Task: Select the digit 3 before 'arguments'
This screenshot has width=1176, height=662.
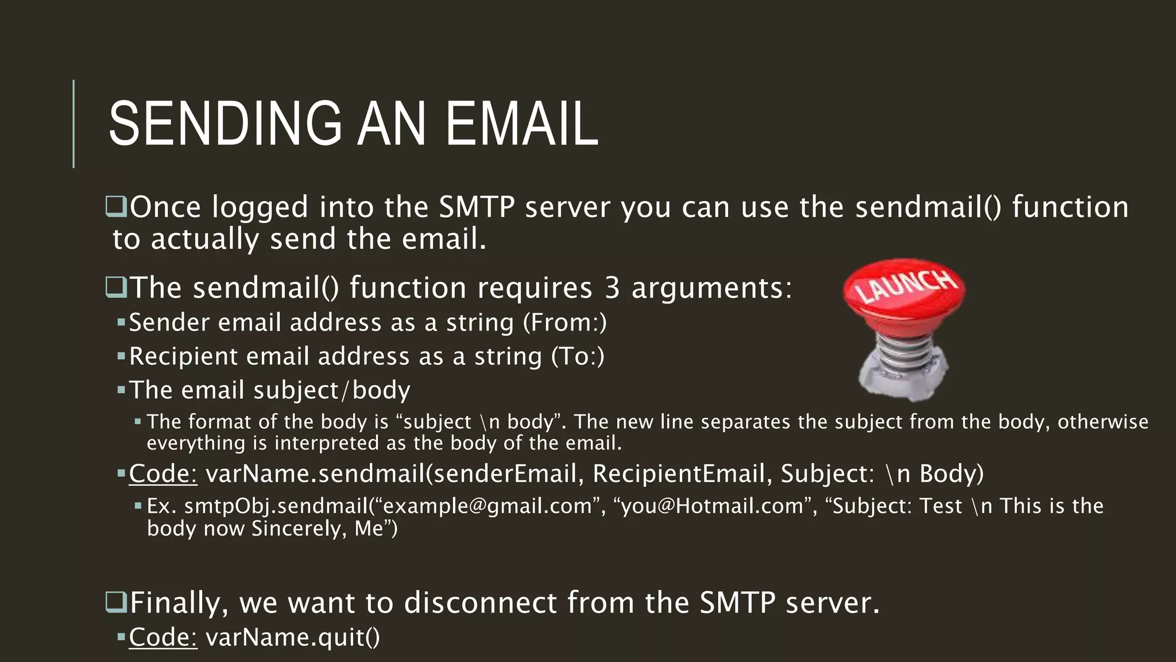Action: tap(612, 287)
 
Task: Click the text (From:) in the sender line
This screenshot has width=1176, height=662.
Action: tap(564, 322)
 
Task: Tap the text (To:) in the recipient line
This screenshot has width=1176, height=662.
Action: tap(578, 356)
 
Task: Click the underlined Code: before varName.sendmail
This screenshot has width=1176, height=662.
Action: tap(163, 474)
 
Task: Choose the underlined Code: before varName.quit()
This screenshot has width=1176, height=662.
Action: tap(163, 637)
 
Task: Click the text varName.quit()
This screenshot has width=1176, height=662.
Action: tap(293, 637)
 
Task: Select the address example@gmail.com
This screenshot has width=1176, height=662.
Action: tap(488, 506)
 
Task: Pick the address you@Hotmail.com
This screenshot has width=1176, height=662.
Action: tap(712, 506)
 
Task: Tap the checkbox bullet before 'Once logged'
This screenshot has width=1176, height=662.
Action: tap(117, 207)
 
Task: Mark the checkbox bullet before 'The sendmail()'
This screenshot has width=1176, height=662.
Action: tap(117, 287)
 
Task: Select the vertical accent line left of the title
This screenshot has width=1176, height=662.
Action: tap(73, 124)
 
